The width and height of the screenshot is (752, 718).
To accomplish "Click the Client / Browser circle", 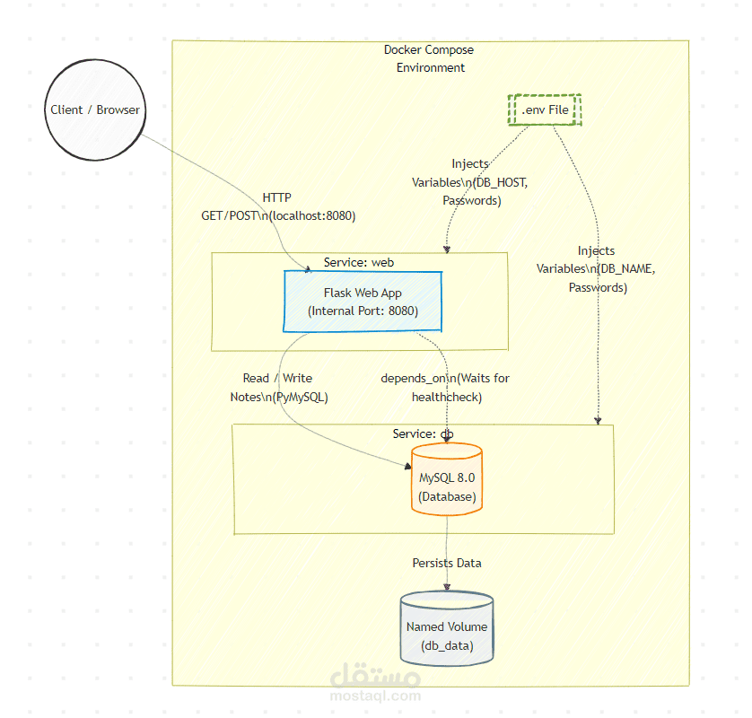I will (95, 110).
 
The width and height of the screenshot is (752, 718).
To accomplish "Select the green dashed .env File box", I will (545, 109).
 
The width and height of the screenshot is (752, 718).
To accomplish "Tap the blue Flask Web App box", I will (363, 302).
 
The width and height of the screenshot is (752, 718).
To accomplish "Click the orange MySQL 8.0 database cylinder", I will (447, 480).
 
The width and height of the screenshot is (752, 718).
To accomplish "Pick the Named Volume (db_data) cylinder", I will (447, 629).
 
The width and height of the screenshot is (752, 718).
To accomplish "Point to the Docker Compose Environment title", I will (429, 58).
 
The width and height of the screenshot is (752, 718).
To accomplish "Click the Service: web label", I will (359, 262).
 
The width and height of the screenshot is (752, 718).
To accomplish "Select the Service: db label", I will (423, 433).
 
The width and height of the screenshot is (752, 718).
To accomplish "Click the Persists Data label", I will (447, 563).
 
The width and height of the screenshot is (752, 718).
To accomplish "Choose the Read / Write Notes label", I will (278, 387).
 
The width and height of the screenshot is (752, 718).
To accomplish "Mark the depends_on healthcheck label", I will (446, 387).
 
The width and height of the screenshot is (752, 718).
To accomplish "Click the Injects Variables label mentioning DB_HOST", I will (470, 182).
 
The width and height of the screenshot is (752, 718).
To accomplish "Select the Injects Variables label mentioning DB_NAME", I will (596, 269).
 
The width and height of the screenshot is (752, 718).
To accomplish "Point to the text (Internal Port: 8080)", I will (363, 311).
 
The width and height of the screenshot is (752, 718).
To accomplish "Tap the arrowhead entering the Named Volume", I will (447, 588).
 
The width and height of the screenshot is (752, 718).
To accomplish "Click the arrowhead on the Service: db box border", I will (599, 420).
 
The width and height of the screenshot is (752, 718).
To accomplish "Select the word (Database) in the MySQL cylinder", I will (447, 496).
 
